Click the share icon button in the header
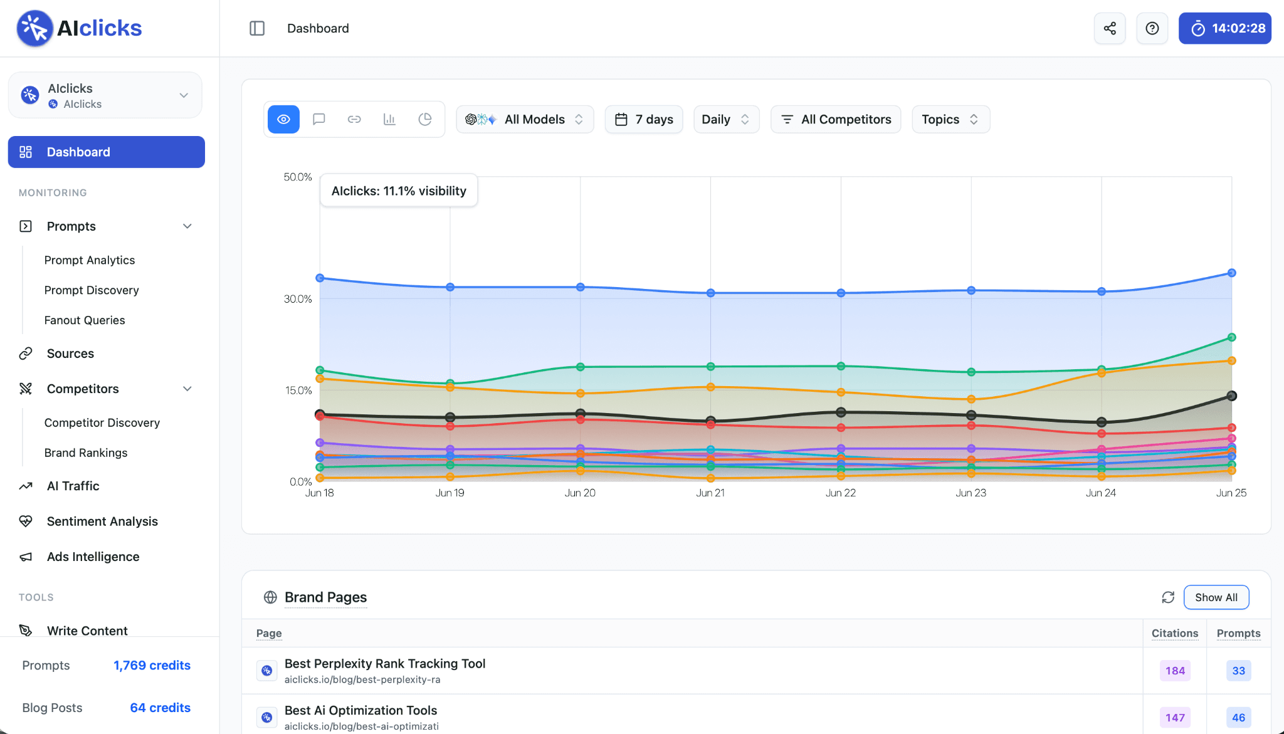(x=1110, y=28)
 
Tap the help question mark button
(x=1152, y=28)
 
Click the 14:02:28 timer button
(x=1225, y=28)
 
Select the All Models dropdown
(x=525, y=119)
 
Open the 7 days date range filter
(x=644, y=119)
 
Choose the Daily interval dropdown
(x=726, y=119)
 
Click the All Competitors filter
(x=836, y=119)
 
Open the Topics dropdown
(x=950, y=119)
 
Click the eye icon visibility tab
(x=283, y=119)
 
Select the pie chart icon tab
(x=425, y=119)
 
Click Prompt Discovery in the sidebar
(x=92, y=290)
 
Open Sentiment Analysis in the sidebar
(x=102, y=522)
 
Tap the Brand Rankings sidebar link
(x=86, y=453)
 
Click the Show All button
(x=1216, y=597)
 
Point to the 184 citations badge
(x=1175, y=671)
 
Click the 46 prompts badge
(x=1239, y=718)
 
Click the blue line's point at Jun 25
(x=1231, y=273)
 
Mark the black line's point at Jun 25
(x=1231, y=396)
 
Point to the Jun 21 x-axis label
(x=710, y=493)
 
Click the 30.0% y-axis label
(x=298, y=299)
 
